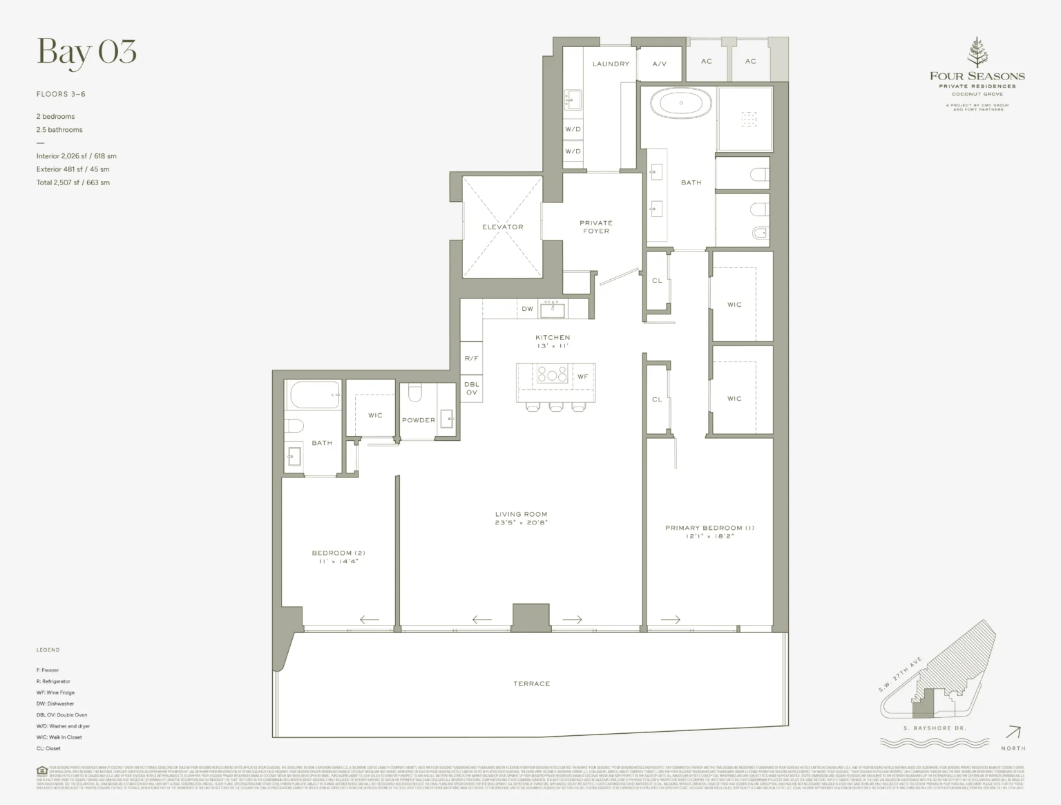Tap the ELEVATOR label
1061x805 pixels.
click(502, 227)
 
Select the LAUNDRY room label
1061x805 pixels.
click(611, 64)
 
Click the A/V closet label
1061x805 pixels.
click(660, 64)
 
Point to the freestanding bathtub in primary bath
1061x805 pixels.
click(681, 104)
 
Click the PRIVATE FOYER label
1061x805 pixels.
click(596, 227)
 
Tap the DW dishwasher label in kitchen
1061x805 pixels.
click(528, 309)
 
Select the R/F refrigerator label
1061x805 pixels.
click(472, 359)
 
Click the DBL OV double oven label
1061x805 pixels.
click(472, 388)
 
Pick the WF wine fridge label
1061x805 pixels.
click(583, 377)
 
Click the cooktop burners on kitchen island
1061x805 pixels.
click(552, 375)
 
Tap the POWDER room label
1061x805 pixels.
click(419, 420)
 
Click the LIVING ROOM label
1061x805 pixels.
click(521, 518)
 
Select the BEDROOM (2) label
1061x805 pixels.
click(338, 557)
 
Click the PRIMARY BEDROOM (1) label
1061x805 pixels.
click(709, 531)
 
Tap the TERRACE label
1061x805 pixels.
click(531, 683)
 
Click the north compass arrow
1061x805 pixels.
click(1013, 732)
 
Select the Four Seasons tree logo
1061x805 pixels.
click(977, 53)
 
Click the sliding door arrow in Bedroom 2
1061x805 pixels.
click(370, 620)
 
